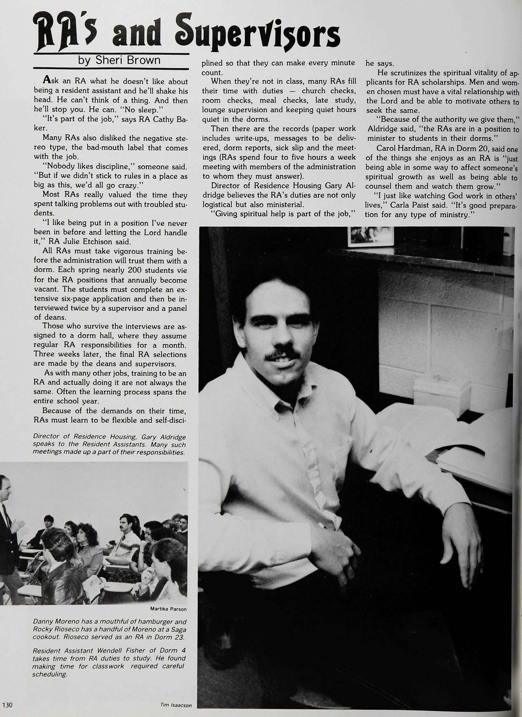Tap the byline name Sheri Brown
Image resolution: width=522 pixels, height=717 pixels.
click(x=119, y=60)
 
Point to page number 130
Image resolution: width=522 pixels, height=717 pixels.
click(x=8, y=705)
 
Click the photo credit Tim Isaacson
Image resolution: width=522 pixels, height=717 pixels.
click(x=176, y=705)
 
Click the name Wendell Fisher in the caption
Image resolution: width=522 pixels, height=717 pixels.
click(x=121, y=650)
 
